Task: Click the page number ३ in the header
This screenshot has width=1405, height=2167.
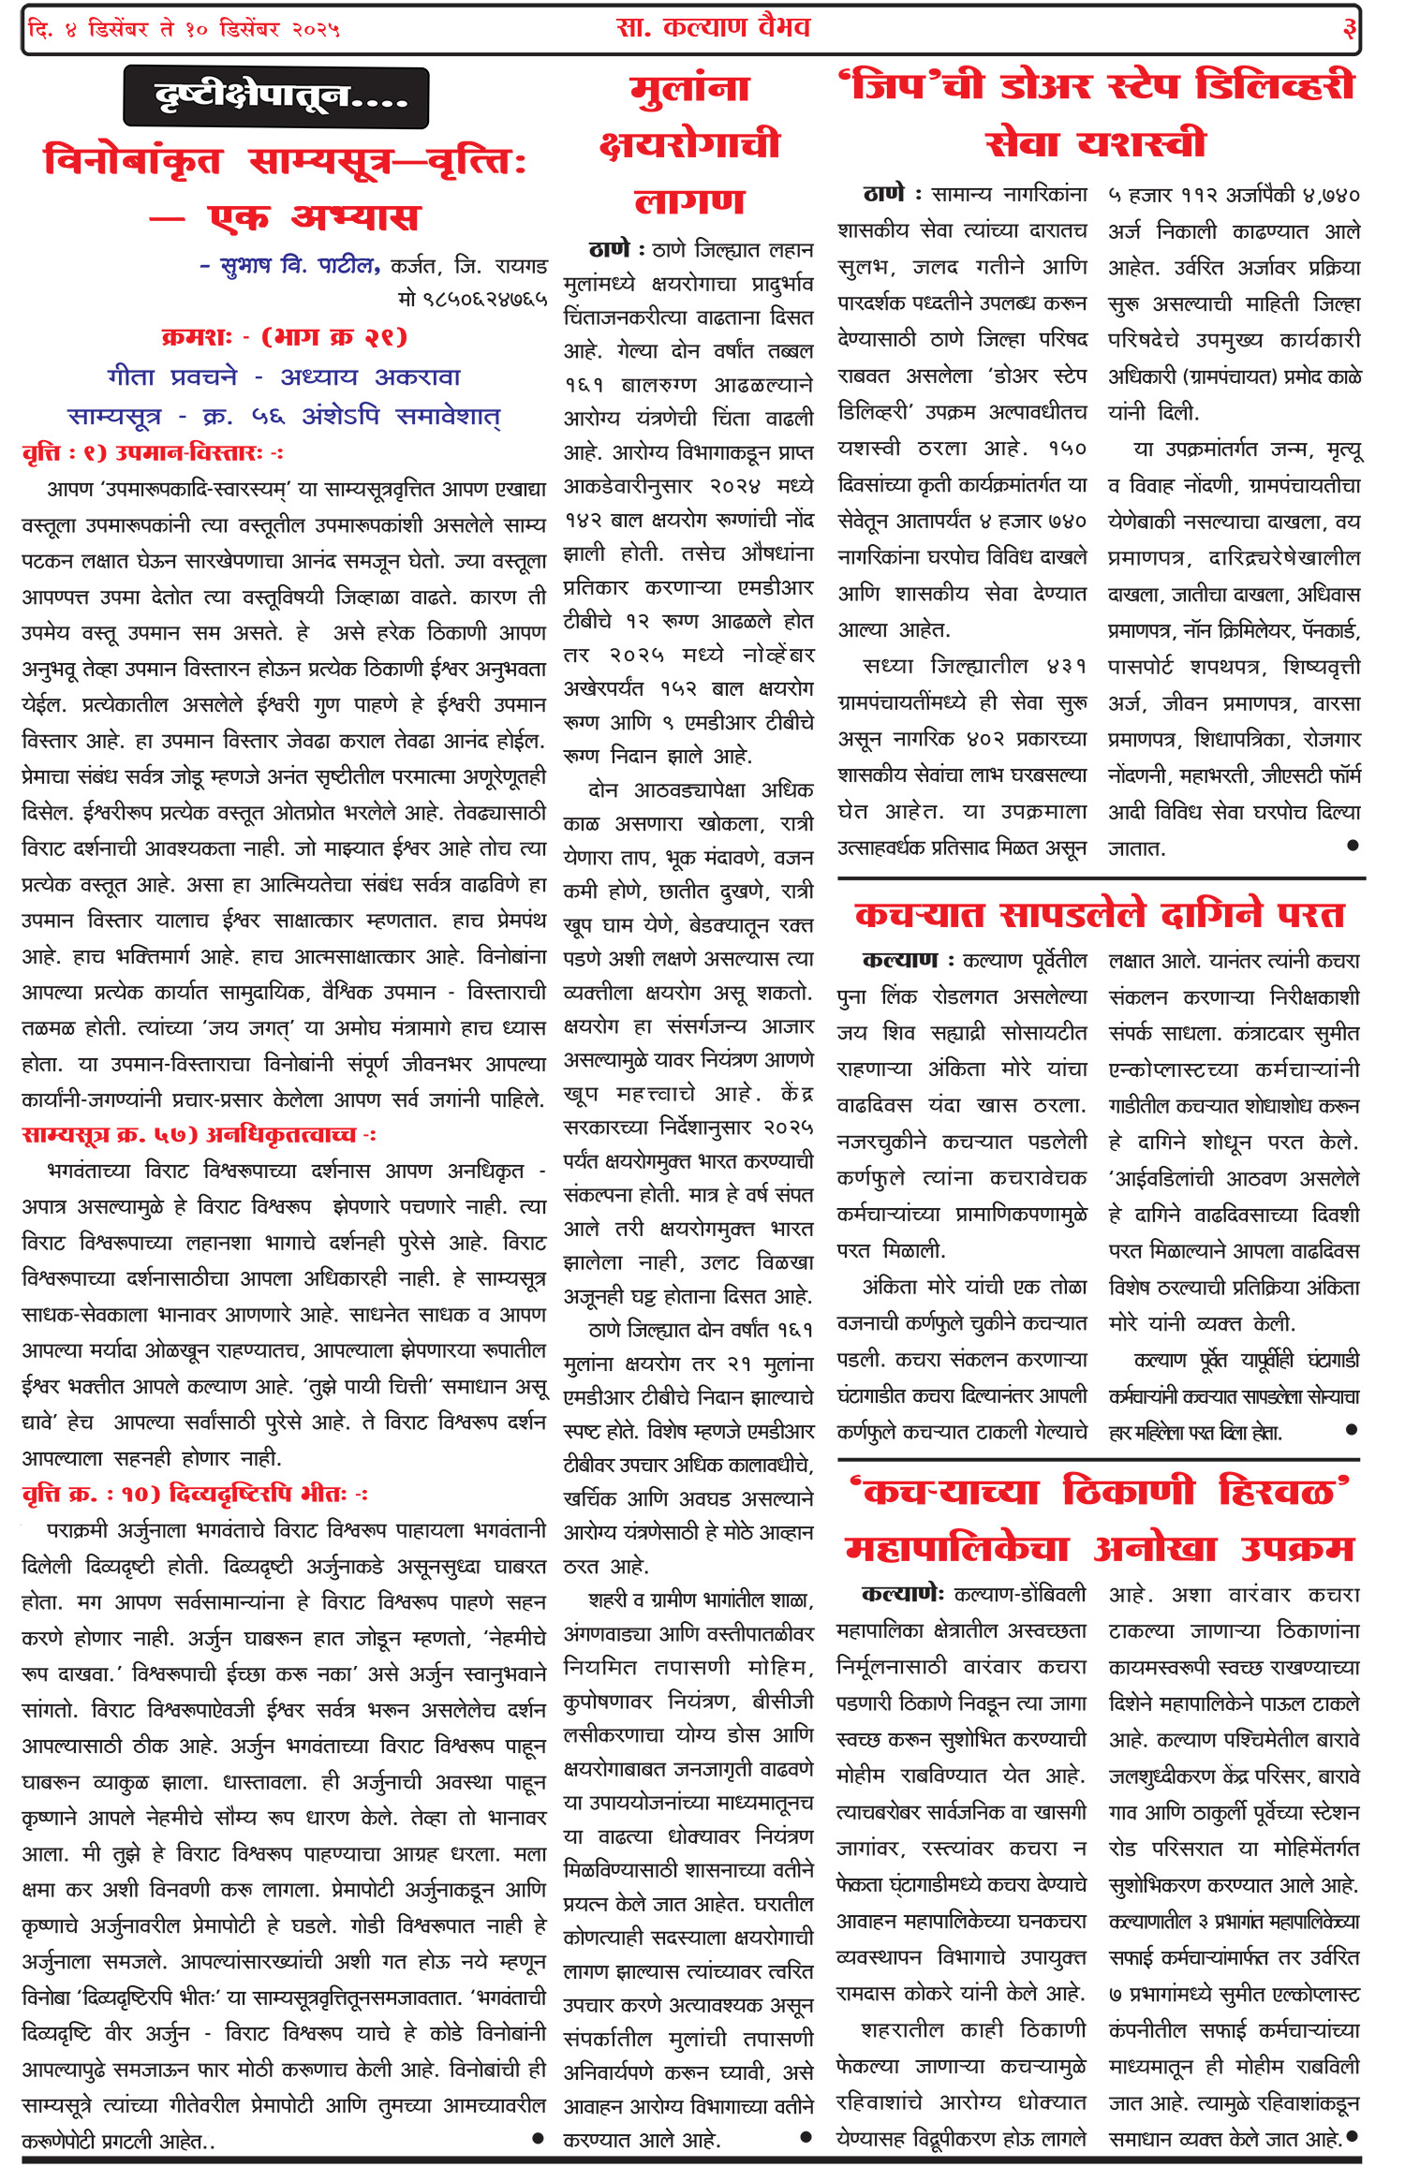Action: [x=1349, y=29]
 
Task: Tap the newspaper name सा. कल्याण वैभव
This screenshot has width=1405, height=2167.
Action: [x=713, y=27]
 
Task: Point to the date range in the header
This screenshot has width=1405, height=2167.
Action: [x=184, y=29]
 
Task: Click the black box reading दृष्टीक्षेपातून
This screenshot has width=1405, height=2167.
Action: [x=276, y=97]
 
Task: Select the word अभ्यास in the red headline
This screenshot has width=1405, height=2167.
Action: [x=356, y=217]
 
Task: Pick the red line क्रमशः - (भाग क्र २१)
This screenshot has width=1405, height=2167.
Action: [x=284, y=337]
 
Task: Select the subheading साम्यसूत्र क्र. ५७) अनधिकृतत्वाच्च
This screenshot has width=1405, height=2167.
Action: [x=199, y=1135]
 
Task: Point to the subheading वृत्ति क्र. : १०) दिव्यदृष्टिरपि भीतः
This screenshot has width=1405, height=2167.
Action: [x=195, y=1494]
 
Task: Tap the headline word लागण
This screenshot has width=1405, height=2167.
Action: [x=689, y=201]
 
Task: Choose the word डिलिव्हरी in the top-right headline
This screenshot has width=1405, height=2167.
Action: [x=1276, y=86]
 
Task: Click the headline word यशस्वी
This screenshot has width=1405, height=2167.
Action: [x=1140, y=144]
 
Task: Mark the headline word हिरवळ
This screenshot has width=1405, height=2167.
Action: [x=1283, y=1490]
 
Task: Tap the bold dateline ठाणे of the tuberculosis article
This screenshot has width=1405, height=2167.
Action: [x=609, y=250]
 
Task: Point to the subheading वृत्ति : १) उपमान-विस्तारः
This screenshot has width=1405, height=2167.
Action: [x=152, y=453]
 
